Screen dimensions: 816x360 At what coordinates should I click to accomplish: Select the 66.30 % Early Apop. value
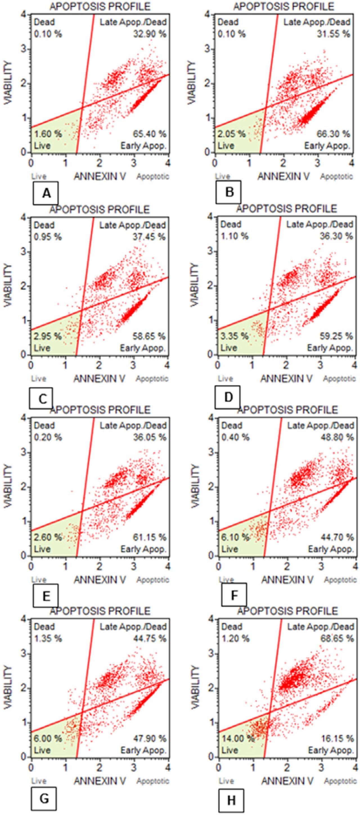tap(333, 134)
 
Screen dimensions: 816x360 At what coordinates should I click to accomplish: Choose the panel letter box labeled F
tap(234, 595)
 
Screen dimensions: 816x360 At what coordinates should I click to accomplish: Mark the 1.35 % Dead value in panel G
tap(48, 638)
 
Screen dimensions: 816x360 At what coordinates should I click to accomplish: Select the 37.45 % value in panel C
tap(149, 237)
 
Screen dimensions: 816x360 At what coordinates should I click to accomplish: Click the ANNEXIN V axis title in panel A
tap(99, 176)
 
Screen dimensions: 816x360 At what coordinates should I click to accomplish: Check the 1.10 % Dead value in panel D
tap(235, 236)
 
